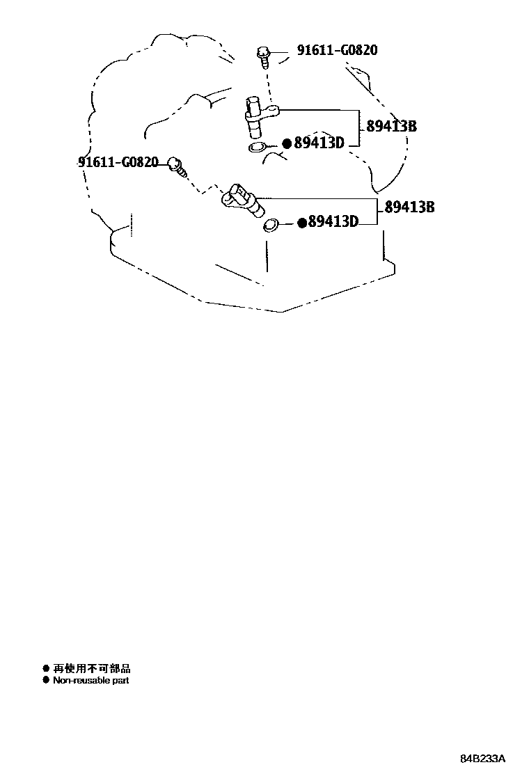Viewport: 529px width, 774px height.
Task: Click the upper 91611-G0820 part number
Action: click(338, 51)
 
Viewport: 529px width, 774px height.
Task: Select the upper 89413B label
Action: click(391, 127)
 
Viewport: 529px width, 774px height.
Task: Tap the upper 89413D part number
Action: click(319, 143)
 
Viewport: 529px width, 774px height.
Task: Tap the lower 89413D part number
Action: click(333, 222)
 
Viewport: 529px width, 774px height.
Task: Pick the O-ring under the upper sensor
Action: click(258, 147)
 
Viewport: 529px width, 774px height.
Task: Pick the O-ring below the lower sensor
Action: click(270, 226)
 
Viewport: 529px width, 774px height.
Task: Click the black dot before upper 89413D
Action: click(286, 144)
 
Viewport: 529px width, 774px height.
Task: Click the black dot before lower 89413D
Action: click(301, 223)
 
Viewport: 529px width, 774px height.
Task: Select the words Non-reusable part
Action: click(91, 680)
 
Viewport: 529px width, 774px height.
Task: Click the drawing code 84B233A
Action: click(482, 758)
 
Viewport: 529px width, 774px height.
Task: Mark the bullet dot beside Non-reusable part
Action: click(46, 680)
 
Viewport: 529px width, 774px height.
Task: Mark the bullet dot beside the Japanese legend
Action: click(46, 668)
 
